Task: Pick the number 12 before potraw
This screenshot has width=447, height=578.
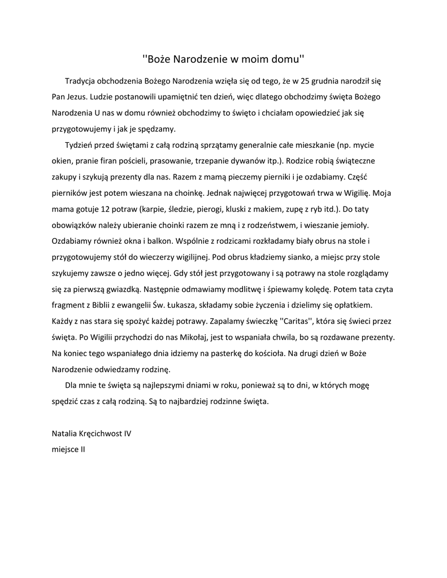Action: tap(106, 209)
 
